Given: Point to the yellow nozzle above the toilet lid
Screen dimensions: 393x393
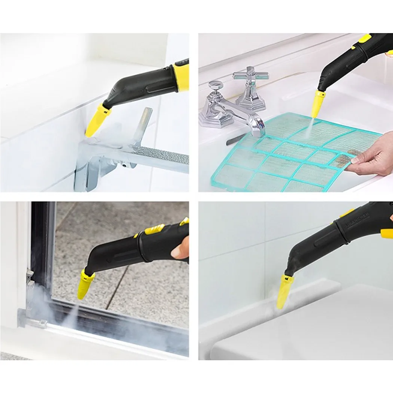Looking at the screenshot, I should coord(284,290).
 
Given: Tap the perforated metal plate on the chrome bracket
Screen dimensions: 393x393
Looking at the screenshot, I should coord(161,153).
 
